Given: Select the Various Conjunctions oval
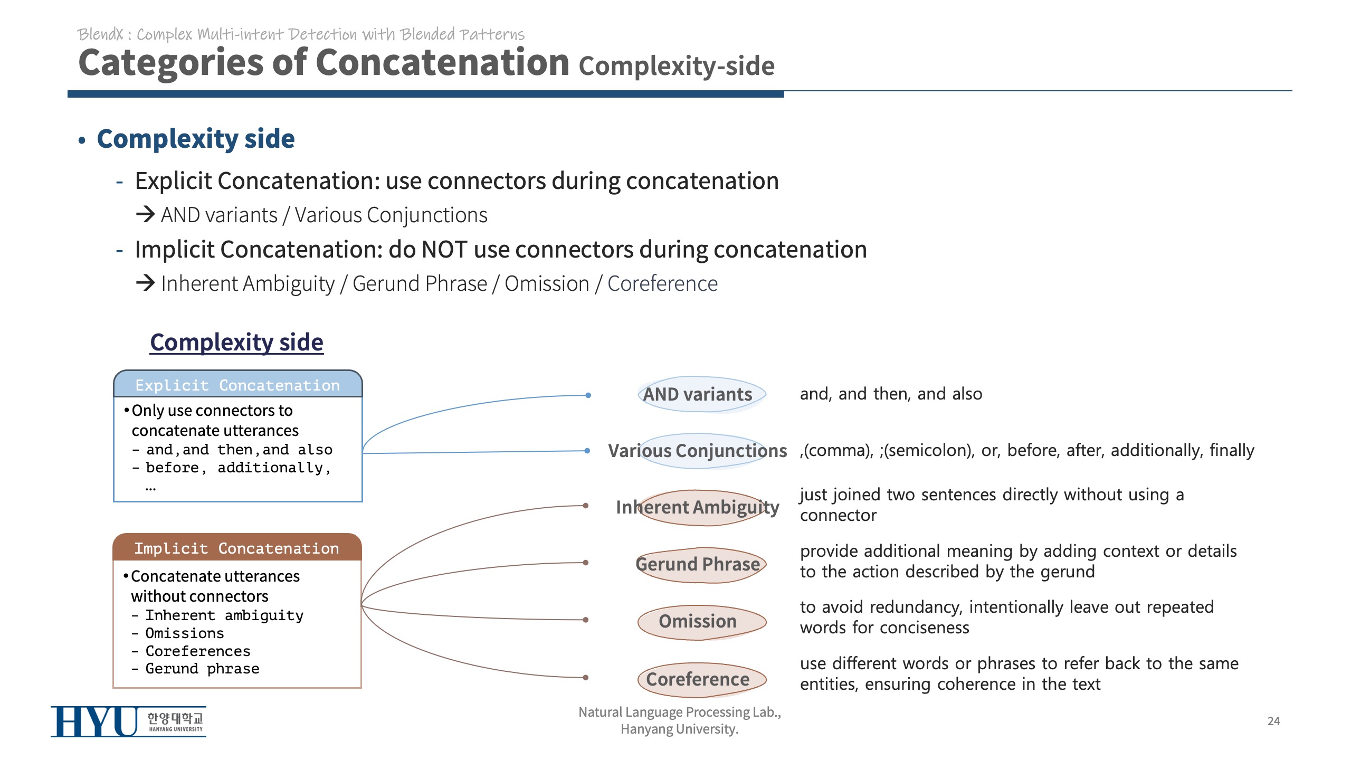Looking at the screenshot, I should [x=697, y=451].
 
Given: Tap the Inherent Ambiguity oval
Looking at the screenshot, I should [x=697, y=508].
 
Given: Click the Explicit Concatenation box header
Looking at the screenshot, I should [x=237, y=385].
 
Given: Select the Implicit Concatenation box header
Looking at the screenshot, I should [x=237, y=548].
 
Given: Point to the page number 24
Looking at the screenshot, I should [x=1273, y=721].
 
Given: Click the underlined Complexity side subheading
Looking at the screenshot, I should [x=236, y=342].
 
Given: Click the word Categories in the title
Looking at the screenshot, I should [x=170, y=63].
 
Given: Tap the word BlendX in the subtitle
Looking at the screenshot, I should [x=100, y=34].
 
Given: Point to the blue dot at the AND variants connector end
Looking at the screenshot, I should [x=588, y=395].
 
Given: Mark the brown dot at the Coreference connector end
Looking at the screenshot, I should [x=586, y=677].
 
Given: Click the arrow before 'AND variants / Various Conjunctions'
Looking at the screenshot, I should [x=145, y=214].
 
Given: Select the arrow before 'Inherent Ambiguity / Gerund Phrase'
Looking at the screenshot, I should [x=145, y=283].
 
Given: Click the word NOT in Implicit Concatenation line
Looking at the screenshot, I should [x=444, y=250].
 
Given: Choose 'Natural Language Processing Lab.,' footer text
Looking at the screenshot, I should [x=680, y=712].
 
